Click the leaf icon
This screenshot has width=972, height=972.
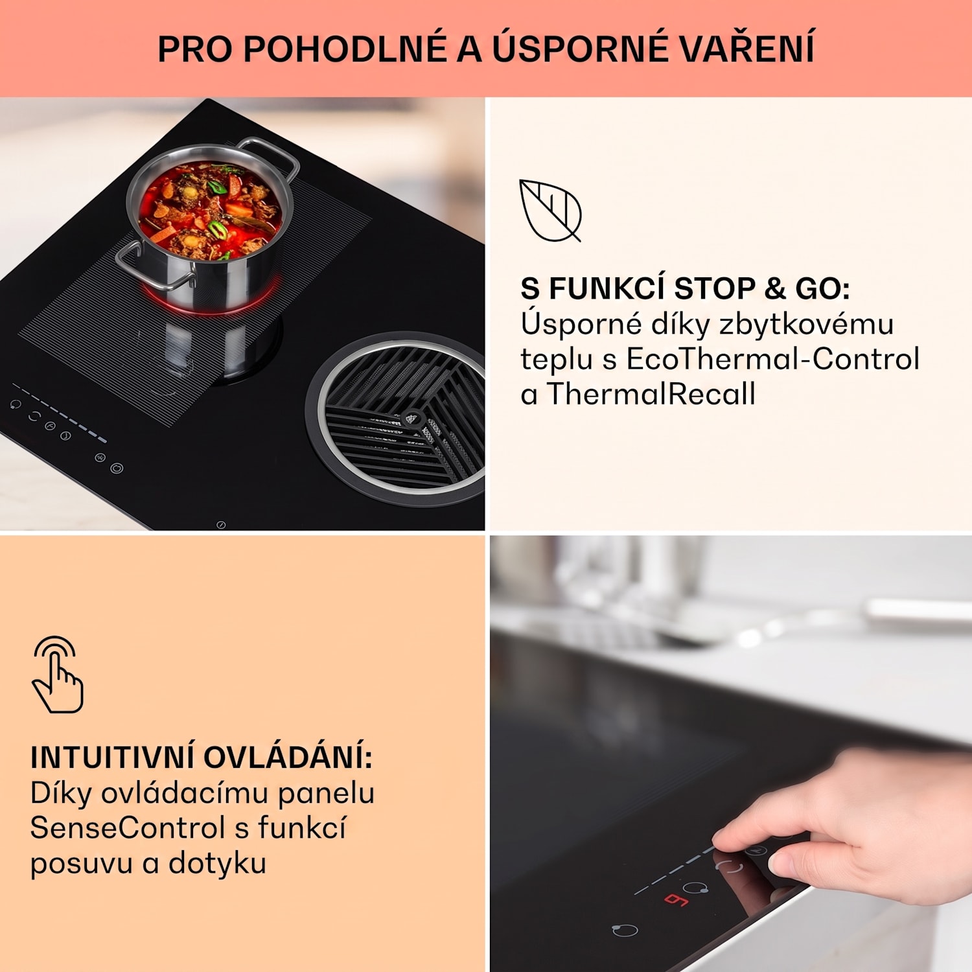point(550,211)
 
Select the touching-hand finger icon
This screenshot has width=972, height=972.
point(57,675)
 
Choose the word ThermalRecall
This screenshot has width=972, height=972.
point(651,394)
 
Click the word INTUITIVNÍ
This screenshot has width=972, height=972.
point(112,757)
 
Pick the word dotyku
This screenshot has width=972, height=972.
point(217,864)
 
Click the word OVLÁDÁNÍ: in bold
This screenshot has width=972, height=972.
point(288,757)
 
